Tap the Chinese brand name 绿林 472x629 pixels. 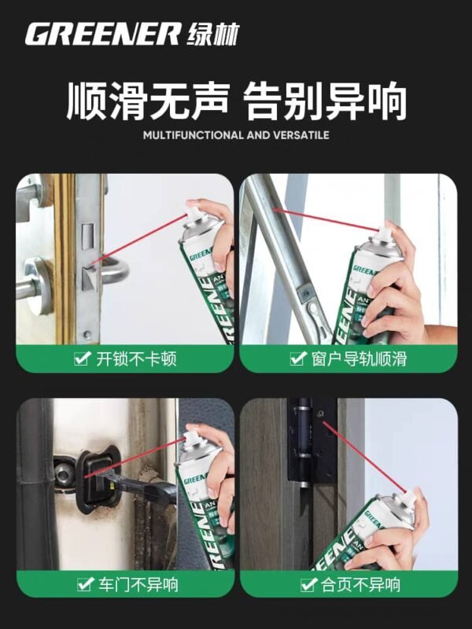coord(213,35)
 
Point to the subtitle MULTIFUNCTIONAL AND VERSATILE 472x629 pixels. coord(236,135)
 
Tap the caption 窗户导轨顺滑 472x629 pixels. coord(358,359)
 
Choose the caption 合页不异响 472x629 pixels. coord(358,584)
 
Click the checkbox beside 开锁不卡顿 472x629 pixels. coord(81,359)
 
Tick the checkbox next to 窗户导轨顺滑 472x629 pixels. coord(297,359)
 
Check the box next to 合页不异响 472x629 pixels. coord(308,584)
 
